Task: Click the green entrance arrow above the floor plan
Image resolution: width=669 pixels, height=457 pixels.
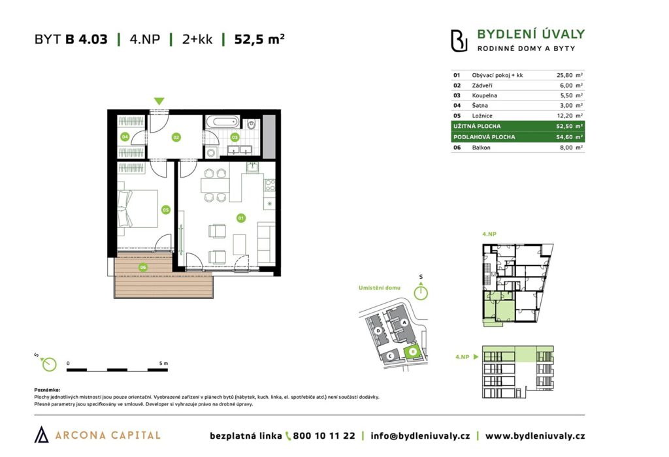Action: click(x=159, y=101)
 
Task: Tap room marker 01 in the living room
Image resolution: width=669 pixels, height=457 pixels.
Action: click(x=240, y=218)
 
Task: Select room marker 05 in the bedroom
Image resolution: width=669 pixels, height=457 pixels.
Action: click(x=165, y=210)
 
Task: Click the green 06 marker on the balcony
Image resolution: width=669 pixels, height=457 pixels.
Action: click(x=143, y=267)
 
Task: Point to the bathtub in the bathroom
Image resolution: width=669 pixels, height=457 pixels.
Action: click(x=222, y=122)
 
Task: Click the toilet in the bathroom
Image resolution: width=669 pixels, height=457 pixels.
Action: click(x=252, y=125)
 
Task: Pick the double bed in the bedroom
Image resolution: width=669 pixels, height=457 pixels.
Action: click(x=137, y=208)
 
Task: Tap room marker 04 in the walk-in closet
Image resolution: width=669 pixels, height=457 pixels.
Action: click(x=125, y=137)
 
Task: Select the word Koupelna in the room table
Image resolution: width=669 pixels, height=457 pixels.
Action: click(x=484, y=95)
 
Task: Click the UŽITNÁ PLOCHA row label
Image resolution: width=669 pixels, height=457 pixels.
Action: click(x=477, y=126)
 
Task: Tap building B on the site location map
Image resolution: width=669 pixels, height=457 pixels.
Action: click(x=413, y=352)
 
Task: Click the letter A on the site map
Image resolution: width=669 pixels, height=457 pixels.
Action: click(x=404, y=323)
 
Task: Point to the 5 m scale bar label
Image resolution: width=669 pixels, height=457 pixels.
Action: click(x=163, y=364)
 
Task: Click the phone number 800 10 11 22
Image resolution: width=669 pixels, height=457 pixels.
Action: click(x=324, y=435)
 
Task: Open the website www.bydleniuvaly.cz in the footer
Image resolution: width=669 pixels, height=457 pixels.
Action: click(x=535, y=435)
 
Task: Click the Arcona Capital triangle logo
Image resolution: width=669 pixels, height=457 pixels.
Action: click(x=41, y=434)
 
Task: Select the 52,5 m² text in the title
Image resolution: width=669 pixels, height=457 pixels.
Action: click(x=259, y=39)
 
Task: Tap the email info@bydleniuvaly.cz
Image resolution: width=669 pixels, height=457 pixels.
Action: click(x=420, y=435)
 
